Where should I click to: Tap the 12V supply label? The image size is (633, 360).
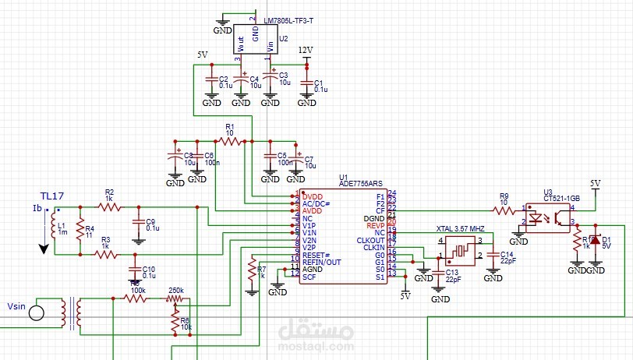point(306,50)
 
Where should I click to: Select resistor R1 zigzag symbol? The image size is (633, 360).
point(229,141)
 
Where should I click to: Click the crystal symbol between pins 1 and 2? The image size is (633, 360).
point(459,251)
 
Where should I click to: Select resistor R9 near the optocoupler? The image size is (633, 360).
point(504,210)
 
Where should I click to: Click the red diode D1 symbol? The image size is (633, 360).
point(595,240)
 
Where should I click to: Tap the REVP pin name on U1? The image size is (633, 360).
point(376,224)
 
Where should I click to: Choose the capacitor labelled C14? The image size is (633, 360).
point(492,255)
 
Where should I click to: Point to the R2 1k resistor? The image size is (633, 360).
point(109,206)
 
